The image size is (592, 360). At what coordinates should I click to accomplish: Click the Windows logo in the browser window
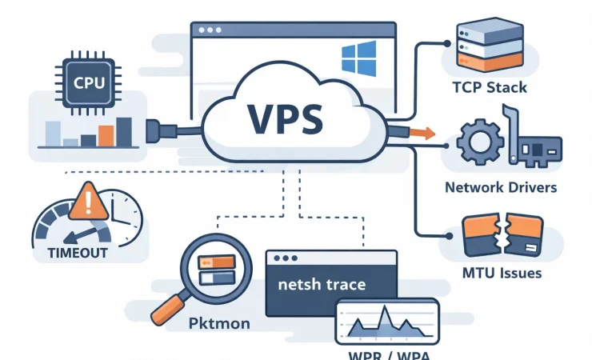pos(358,59)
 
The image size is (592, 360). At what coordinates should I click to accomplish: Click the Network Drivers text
pos(502,187)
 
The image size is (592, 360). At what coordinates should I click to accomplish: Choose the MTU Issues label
pos(502,273)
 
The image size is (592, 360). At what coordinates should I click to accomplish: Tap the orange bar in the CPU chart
pos(104,137)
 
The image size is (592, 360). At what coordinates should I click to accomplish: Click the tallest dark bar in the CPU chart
pos(124,132)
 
